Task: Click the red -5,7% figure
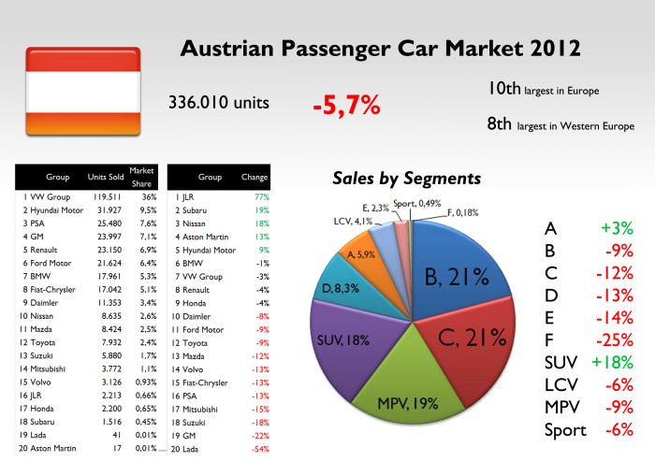[346, 105]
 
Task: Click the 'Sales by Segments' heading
[408, 178]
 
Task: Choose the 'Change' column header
[254, 177]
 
